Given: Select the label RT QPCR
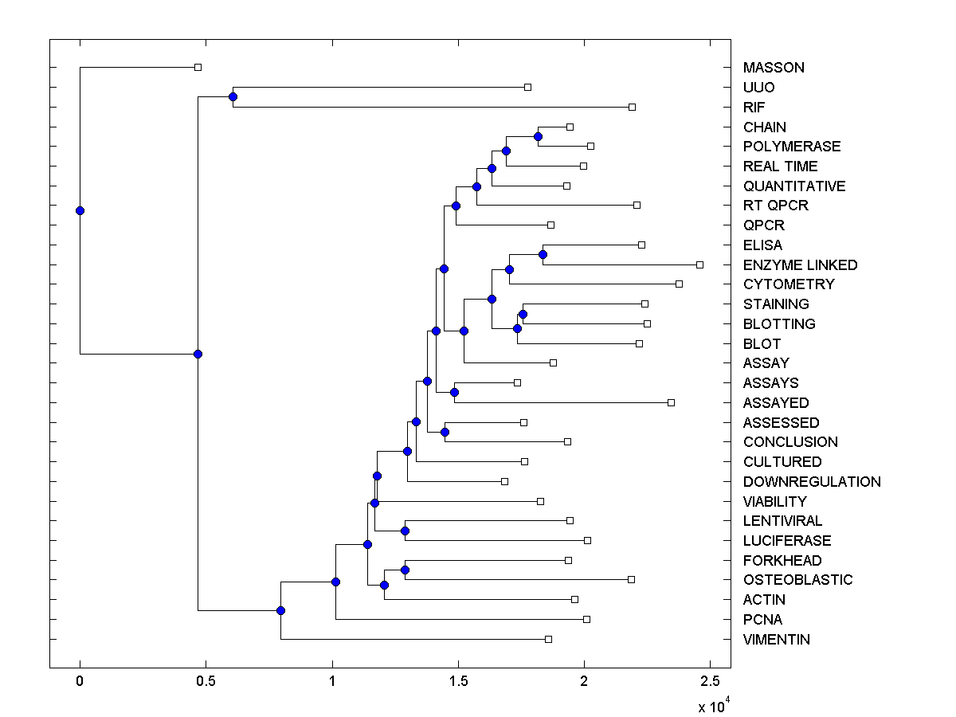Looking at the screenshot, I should pyautogui.click(x=775, y=206).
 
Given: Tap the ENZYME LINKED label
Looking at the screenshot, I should pyautogui.click(x=800, y=264).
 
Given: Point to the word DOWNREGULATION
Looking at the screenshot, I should pyautogui.click(x=812, y=481).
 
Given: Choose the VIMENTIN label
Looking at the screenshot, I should pyautogui.click(x=776, y=639).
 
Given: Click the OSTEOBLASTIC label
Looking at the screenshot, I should pyautogui.click(x=797, y=580).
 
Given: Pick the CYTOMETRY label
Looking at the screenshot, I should pyautogui.click(x=789, y=284).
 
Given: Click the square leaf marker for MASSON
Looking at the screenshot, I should pyautogui.click(x=198, y=68).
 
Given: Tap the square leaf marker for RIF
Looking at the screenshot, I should pyautogui.click(x=632, y=107).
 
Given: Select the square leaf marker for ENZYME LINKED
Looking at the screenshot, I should pyautogui.click(x=699, y=264).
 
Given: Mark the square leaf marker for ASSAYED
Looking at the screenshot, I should pyautogui.click(x=671, y=402).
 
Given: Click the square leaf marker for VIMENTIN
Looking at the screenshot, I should pyautogui.click(x=548, y=639).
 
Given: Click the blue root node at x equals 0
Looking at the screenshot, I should pyautogui.click(x=80, y=210).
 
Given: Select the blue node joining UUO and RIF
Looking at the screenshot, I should pyautogui.click(x=233, y=97).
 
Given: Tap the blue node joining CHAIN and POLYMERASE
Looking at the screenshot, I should pyautogui.click(x=538, y=137).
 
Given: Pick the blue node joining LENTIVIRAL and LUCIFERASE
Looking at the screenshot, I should pyautogui.click(x=405, y=531).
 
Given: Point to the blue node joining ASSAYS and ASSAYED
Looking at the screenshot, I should pyautogui.click(x=454, y=392).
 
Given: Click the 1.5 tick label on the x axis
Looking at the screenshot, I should pyautogui.click(x=457, y=681).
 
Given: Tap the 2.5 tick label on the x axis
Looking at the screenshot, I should pyautogui.click(x=710, y=681).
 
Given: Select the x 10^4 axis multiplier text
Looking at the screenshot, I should pyautogui.click(x=712, y=705).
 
